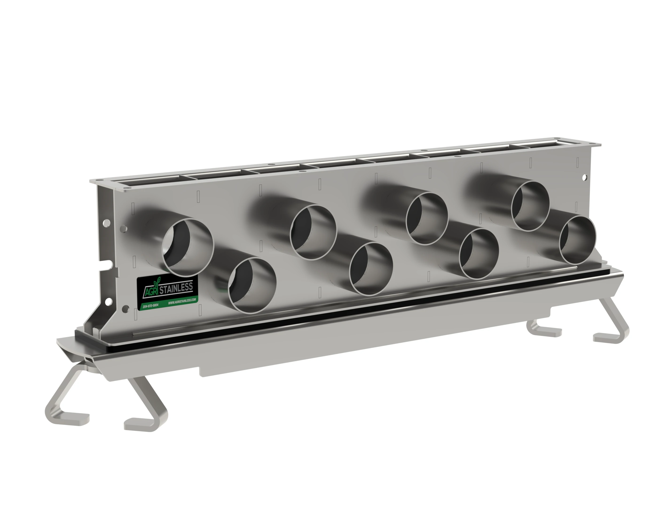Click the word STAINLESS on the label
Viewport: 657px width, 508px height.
coord(176,288)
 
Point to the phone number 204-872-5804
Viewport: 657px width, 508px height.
coord(150,306)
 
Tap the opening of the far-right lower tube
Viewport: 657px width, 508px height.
coord(577,240)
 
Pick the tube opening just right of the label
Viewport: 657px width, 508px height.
coord(252,285)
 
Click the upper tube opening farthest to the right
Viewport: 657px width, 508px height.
coord(530,206)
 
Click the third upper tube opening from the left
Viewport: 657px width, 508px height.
coord(427,218)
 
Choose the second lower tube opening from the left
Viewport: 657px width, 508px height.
coord(371,269)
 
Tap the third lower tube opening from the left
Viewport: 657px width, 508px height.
coord(479,253)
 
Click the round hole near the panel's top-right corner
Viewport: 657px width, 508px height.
coord(584,178)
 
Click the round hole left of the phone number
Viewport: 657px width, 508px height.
coord(126,309)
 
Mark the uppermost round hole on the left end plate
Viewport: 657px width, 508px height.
coord(107,223)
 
